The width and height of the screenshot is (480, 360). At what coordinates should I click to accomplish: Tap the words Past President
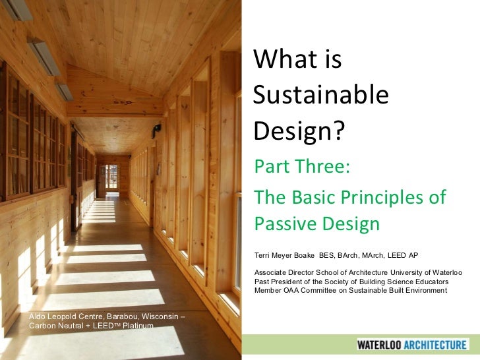(x=282, y=282)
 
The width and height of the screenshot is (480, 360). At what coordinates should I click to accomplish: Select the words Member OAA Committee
(x=298, y=290)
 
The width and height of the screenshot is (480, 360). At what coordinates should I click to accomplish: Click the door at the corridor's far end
(x=108, y=179)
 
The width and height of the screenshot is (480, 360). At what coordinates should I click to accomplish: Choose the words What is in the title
(x=297, y=61)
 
